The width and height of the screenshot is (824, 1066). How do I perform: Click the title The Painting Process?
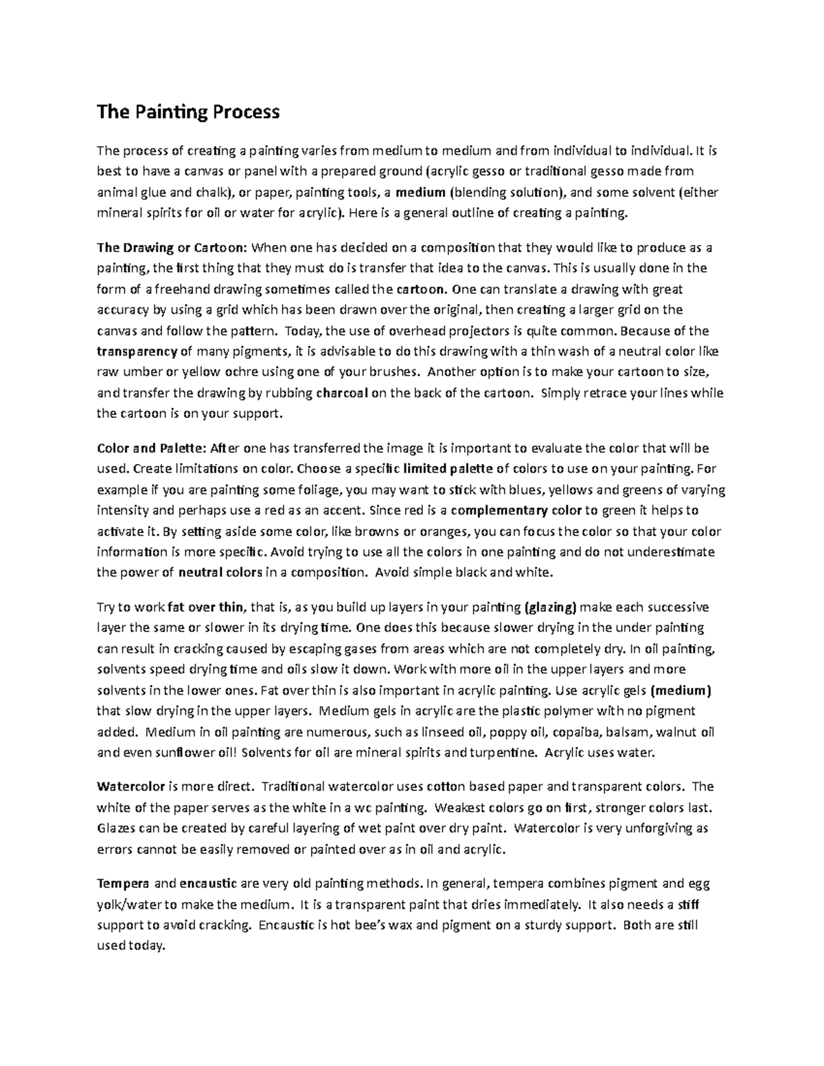188,112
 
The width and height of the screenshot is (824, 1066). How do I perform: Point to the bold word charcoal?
343,393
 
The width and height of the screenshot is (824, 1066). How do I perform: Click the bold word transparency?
137,352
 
